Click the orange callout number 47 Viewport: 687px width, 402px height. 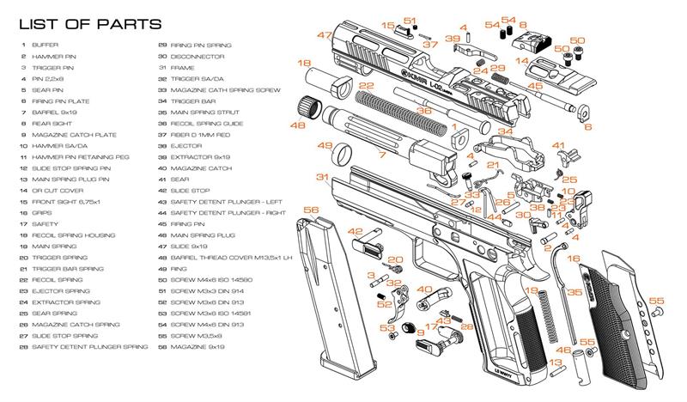324,35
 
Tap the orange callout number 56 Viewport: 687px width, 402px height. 311,210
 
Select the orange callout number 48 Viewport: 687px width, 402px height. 298,125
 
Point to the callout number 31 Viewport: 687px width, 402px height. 322,178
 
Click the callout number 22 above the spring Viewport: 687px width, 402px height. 367,87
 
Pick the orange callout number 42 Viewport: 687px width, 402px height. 355,231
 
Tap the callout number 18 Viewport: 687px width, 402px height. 304,64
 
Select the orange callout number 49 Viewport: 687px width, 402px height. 325,146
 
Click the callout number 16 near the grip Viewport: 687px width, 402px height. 574,258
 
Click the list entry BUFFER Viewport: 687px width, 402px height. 44,44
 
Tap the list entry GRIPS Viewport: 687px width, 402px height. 42,211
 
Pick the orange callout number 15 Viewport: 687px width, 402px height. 388,27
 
